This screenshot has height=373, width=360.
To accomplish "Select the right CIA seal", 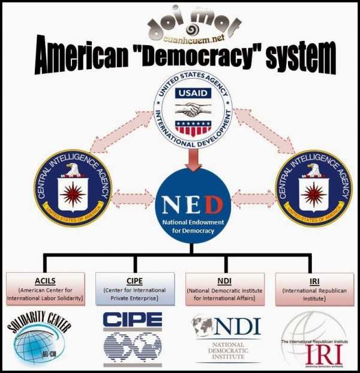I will pos(313,188).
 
